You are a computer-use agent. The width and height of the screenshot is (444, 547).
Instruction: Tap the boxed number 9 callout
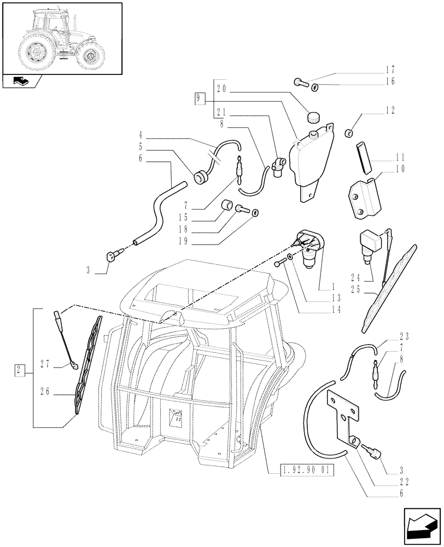pyautogui.click(x=200, y=98)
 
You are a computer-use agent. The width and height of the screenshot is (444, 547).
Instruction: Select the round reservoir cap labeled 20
pyautogui.click(x=313, y=117)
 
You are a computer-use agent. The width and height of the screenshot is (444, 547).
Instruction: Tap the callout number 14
pyautogui.click(x=335, y=309)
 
